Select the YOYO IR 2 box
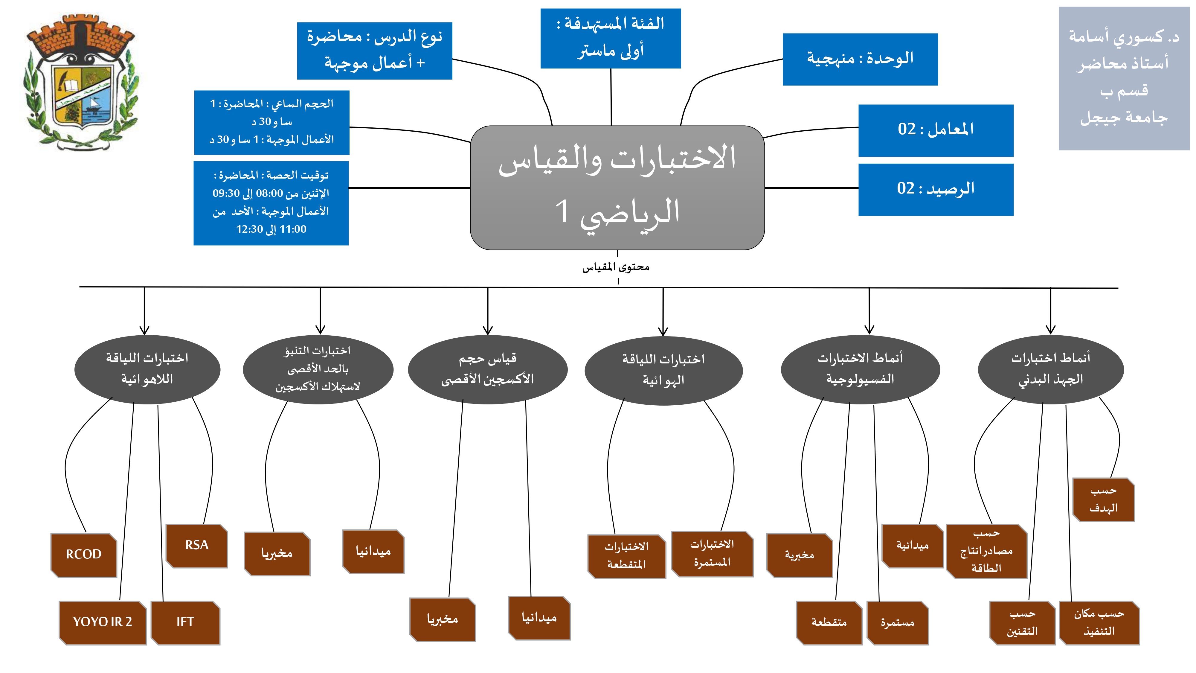[x=103, y=622]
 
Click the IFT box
[x=185, y=622]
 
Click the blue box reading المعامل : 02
[x=936, y=130]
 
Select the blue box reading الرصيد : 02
[x=936, y=189]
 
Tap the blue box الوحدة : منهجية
[x=860, y=59]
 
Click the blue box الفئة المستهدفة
[x=611, y=38]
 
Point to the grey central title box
[x=617, y=187]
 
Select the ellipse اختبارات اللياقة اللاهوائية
[x=147, y=369]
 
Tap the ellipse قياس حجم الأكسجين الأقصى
[x=487, y=369]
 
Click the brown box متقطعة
[x=829, y=622]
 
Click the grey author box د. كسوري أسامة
[x=1124, y=78]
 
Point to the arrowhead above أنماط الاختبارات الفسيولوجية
[x=869, y=330]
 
